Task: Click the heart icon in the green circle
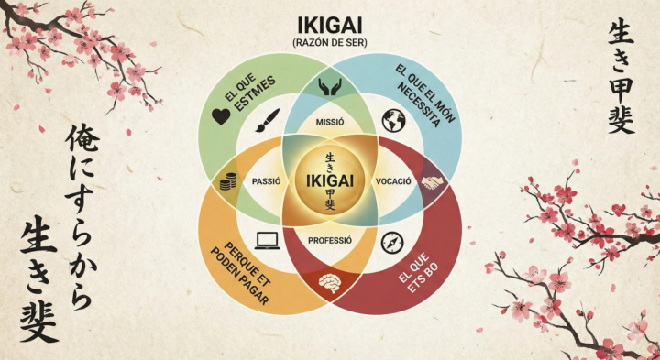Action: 220,116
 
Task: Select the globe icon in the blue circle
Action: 395,120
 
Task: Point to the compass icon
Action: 392,243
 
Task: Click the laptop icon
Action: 268,241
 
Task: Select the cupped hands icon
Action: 329,88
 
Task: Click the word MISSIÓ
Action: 329,123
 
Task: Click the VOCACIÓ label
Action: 394,181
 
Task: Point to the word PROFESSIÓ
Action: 330,240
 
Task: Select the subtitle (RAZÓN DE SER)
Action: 330,42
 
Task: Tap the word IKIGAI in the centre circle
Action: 330,180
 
